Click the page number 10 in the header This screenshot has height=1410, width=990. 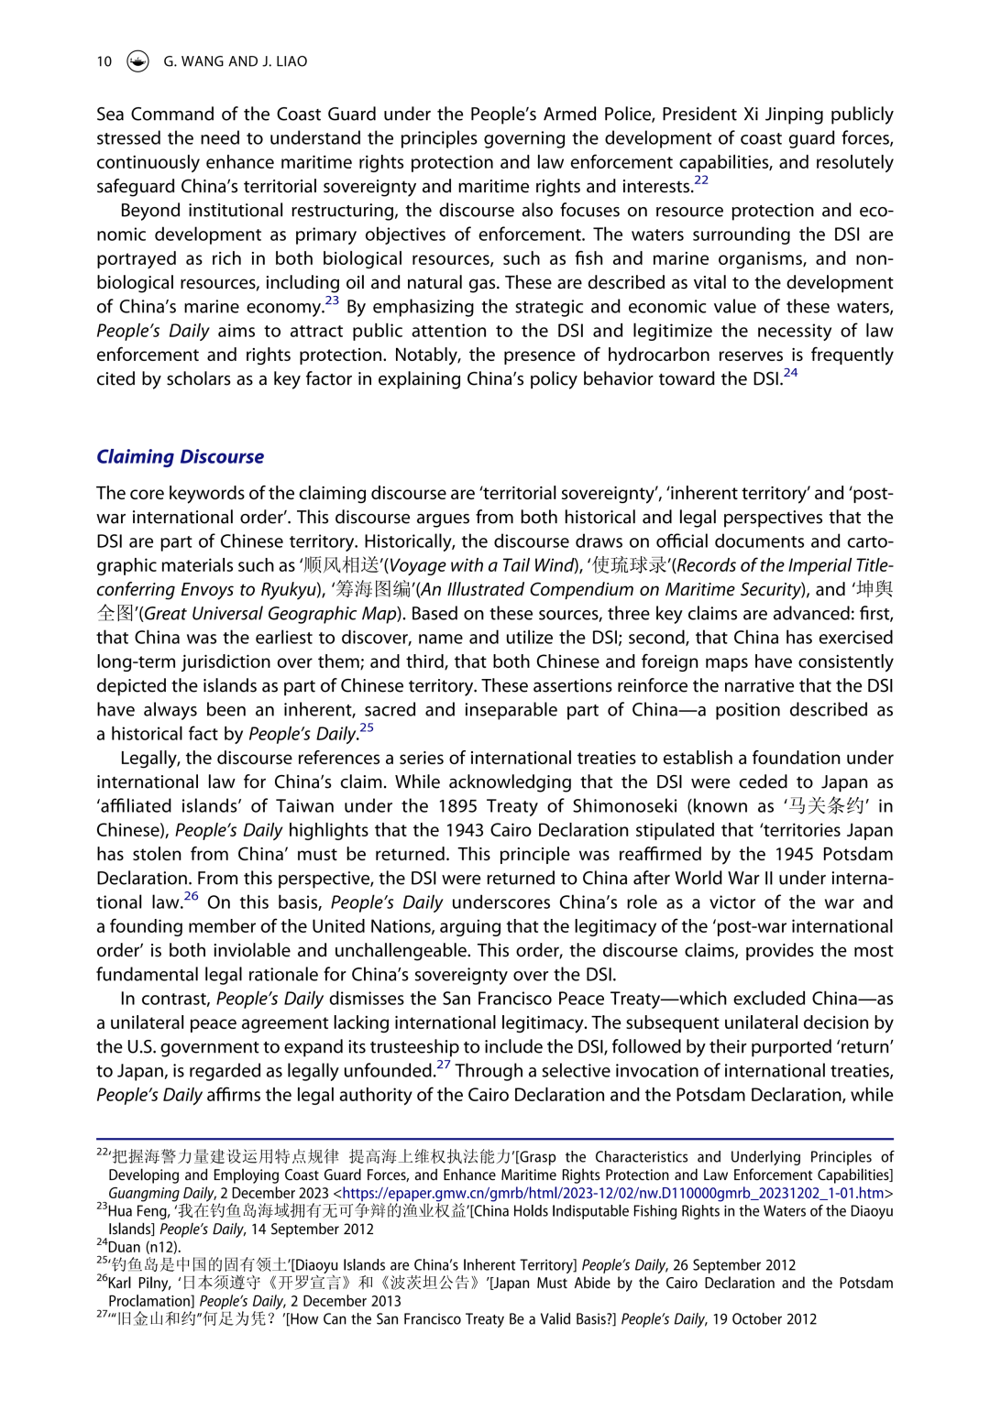(104, 61)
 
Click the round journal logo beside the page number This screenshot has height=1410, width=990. (137, 61)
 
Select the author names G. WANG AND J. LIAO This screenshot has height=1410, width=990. (236, 61)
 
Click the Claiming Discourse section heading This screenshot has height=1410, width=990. (180, 457)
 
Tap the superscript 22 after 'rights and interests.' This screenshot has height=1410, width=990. (701, 180)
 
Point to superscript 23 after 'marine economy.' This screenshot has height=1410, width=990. (332, 301)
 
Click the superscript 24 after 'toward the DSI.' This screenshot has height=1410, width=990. (790, 373)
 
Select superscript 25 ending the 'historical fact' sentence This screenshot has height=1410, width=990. (367, 728)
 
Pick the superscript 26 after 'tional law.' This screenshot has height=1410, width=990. (191, 897)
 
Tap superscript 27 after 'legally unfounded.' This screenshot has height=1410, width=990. (444, 1066)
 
